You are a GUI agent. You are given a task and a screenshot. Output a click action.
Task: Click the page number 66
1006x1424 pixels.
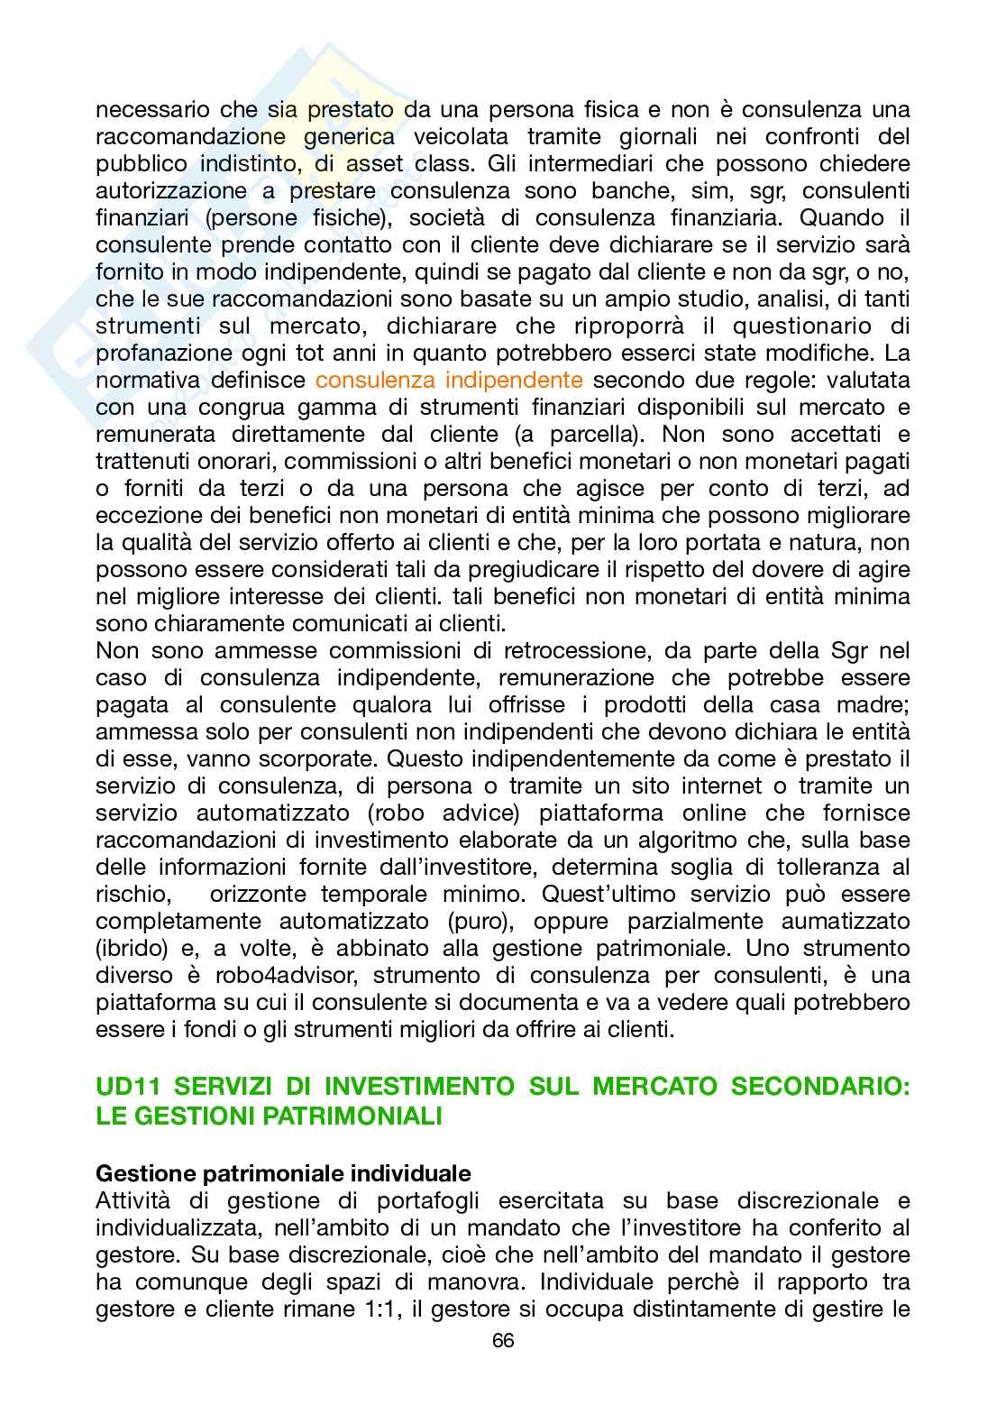[x=503, y=1340]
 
